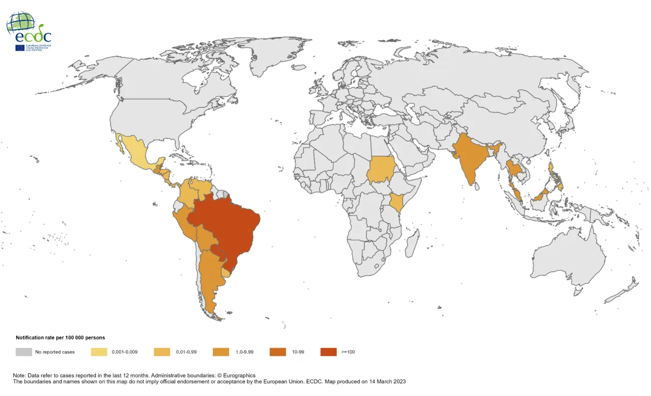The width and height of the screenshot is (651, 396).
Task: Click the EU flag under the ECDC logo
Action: click(20, 48)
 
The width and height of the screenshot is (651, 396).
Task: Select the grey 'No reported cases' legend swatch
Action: click(23, 352)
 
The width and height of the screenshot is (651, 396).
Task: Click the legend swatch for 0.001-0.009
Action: click(98, 352)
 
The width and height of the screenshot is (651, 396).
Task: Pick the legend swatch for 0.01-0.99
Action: click(161, 352)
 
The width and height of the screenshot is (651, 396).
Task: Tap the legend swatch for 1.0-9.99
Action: click(221, 352)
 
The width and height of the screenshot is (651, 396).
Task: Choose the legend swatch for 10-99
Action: click(277, 352)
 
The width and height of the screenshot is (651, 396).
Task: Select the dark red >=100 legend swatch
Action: click(329, 352)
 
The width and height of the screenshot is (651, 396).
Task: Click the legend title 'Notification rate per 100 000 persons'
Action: click(60, 338)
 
